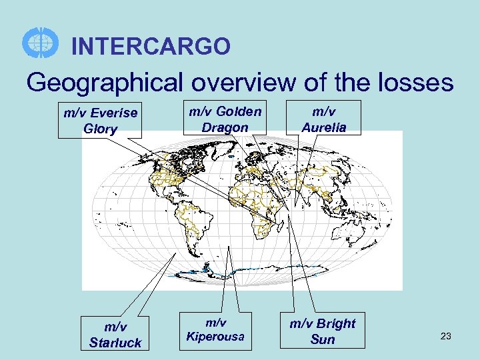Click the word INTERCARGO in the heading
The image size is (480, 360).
151,47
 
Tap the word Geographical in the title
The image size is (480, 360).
107,83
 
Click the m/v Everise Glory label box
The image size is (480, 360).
100,121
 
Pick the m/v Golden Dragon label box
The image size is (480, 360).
225,119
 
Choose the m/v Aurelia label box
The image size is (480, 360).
325,119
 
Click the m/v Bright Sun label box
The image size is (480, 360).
322,331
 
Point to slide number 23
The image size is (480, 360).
446,337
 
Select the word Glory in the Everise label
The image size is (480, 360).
101,129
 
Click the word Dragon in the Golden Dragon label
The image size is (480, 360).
225,127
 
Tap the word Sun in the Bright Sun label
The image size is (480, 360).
323,339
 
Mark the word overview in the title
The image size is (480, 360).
243,83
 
